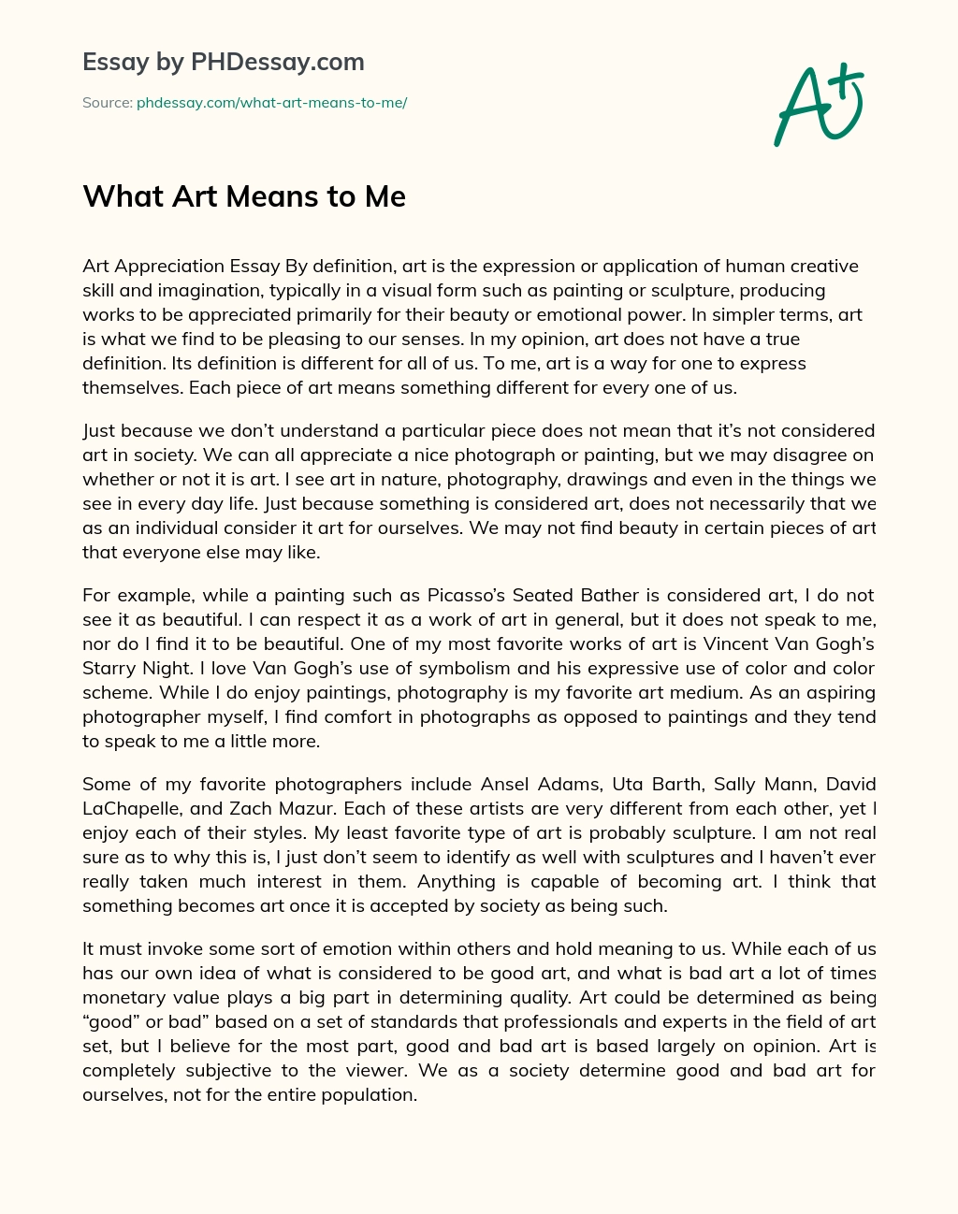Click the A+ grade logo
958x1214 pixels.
click(817, 105)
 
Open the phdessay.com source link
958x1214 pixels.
click(271, 103)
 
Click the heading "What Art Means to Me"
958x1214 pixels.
click(244, 196)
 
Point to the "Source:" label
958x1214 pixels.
click(108, 103)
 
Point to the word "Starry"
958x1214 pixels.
click(109, 668)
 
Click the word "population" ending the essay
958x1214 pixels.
click(367, 1094)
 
